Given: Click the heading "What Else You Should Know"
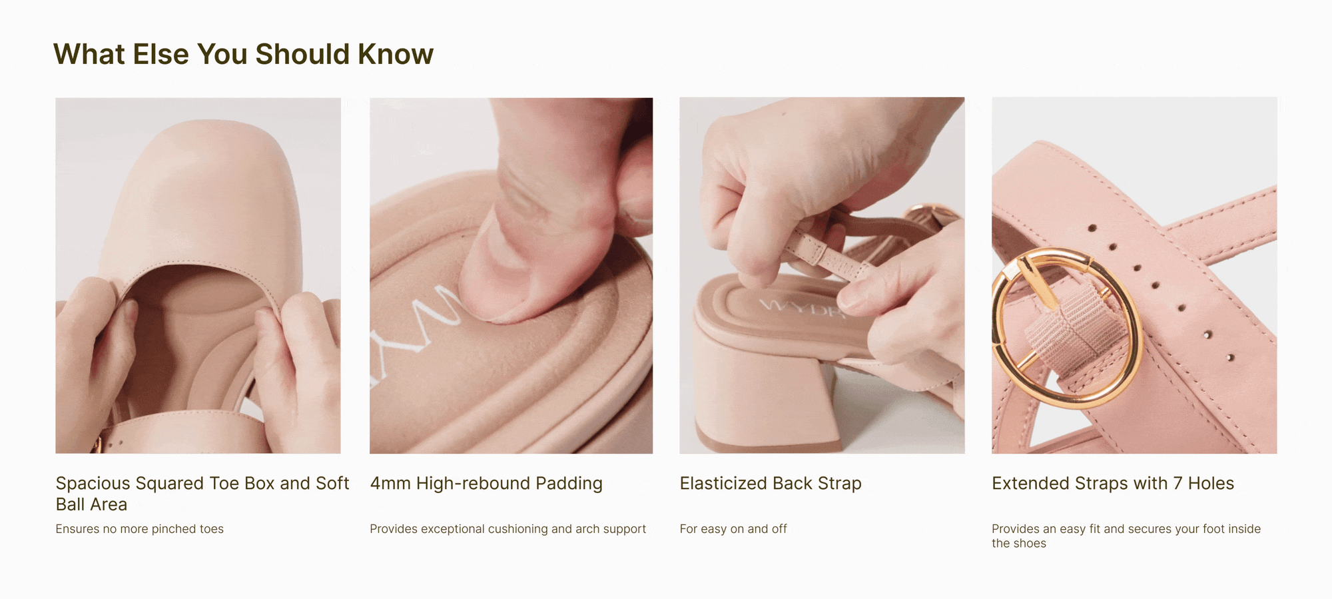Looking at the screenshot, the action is tap(243, 55).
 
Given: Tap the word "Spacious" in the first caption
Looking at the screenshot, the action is tap(93, 484).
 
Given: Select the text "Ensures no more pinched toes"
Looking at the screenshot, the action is tap(140, 529).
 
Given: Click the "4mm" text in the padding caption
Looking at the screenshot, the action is tap(390, 484).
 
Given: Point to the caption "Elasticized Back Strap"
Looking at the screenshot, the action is tap(771, 484).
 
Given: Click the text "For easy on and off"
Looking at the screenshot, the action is tap(733, 529).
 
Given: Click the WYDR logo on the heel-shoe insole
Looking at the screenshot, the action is tap(803, 308).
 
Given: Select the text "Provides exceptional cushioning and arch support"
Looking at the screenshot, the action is tap(507, 529).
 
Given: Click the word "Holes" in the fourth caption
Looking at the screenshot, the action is tap(1211, 484).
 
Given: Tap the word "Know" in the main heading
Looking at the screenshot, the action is tap(396, 55).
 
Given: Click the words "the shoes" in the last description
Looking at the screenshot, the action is tap(1019, 544).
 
